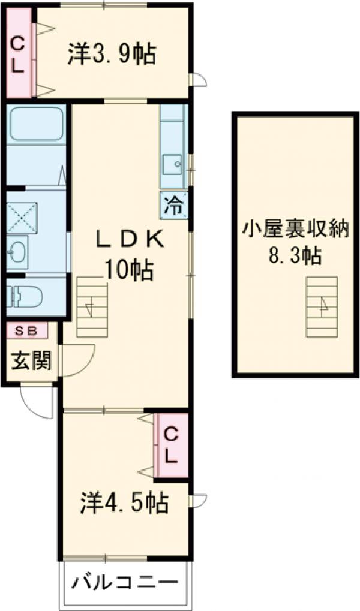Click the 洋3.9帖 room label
pos(112,55)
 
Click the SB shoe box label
pos(25,330)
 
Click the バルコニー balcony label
pos(126,582)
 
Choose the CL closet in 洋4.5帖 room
pos(171,444)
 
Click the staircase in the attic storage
pos(322,308)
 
